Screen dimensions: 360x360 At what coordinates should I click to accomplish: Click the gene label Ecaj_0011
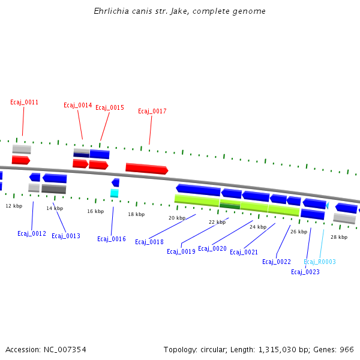pyautogui.click(x=24, y=103)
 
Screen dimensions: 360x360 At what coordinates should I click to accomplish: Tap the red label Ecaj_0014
pyautogui.click(x=77, y=106)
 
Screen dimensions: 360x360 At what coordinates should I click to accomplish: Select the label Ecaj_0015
pyautogui.click(x=110, y=108)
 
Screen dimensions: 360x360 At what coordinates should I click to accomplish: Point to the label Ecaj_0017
pyautogui.click(x=152, y=112)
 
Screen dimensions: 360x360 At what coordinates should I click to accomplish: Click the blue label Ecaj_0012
pyautogui.click(x=32, y=234)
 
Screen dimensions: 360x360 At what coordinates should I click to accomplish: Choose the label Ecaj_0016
pyautogui.click(x=112, y=239)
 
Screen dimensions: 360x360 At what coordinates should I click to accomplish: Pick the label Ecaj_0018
pyautogui.click(x=149, y=242)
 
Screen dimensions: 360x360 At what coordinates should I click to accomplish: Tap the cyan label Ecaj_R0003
pyautogui.click(x=320, y=262)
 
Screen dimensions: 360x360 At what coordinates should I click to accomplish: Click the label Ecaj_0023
pyautogui.click(x=305, y=272)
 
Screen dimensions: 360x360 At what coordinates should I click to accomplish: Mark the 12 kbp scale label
pyautogui.click(x=14, y=206)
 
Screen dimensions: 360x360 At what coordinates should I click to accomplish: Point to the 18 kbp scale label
pyautogui.click(x=136, y=214)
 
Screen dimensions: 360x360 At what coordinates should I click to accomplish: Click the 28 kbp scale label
pyautogui.click(x=339, y=237)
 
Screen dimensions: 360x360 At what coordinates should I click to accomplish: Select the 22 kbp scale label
pyautogui.click(x=217, y=222)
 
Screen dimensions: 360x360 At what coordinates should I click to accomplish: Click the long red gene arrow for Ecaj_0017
pyautogui.click(x=146, y=169)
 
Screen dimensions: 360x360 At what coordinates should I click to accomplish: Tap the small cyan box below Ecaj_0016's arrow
pyautogui.click(x=114, y=193)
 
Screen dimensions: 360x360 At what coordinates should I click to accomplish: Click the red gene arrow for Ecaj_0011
pyautogui.click(x=20, y=160)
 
